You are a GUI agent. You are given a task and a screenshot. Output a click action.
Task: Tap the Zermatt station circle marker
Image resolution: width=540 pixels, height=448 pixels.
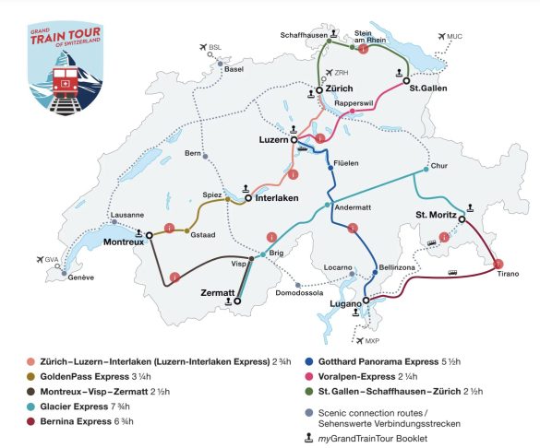click(237, 300)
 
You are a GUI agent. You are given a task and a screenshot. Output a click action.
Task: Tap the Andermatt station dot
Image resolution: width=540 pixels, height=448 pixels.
click(328, 205)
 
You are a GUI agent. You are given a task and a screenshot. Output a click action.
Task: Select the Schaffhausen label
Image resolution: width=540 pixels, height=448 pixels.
click(306, 34)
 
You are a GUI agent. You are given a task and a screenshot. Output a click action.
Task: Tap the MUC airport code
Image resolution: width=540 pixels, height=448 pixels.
click(452, 37)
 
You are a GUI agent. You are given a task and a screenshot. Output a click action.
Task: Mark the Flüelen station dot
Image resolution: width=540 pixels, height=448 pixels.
click(330, 167)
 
